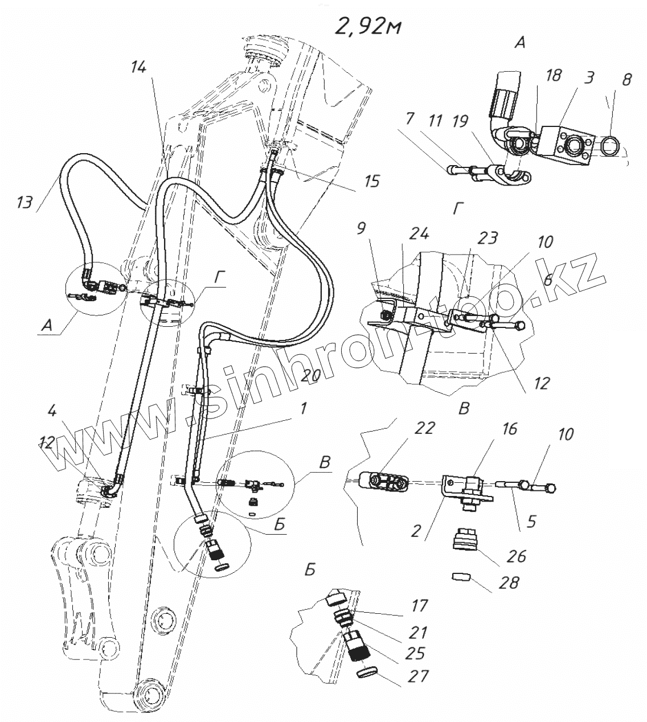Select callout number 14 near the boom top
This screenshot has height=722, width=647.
click(x=138, y=67)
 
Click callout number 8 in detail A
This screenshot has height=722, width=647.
click(x=626, y=79)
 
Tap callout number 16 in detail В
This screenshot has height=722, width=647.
click(x=510, y=428)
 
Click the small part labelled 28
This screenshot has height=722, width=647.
click(x=458, y=577)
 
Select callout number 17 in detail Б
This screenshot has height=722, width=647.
click(x=419, y=605)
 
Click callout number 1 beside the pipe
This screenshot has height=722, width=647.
click(x=304, y=408)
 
